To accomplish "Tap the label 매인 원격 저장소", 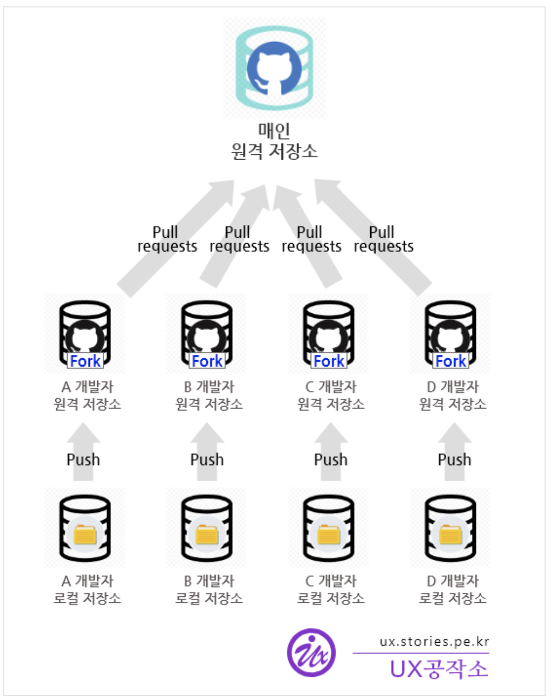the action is click(274, 141).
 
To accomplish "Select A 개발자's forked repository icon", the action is click(85, 333).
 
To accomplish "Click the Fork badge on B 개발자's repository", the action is click(207, 361).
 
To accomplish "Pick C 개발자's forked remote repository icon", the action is click(329, 333).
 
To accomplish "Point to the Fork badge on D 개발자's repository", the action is click(450, 361).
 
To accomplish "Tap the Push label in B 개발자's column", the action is click(207, 460).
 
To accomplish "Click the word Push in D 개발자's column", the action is click(454, 460).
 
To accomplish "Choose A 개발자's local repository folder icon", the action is click(85, 534).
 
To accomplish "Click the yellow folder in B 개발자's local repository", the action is click(207, 534).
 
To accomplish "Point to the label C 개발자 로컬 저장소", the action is click(331, 590).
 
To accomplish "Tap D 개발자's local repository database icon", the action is click(450, 528).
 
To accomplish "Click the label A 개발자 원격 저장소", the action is click(87, 395).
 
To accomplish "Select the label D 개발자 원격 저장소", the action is click(453, 395).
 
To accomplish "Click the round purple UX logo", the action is click(312, 652).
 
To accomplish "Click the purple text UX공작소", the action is click(439, 668).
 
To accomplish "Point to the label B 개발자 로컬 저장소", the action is click(209, 590).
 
